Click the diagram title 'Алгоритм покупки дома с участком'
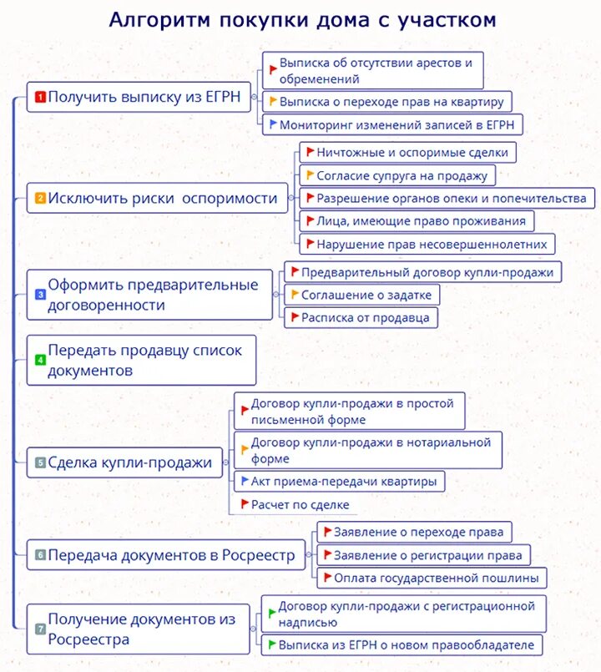(x=302, y=19)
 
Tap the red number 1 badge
(x=39, y=97)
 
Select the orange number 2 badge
(x=39, y=199)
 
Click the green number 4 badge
(x=39, y=360)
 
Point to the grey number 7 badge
(x=39, y=629)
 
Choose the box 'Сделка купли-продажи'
(x=124, y=462)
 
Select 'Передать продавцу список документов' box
(x=141, y=360)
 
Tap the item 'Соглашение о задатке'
(x=361, y=295)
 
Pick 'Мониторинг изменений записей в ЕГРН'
(x=392, y=125)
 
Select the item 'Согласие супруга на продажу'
(x=397, y=175)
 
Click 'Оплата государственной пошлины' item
(x=432, y=578)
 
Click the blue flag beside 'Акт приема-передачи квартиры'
(x=244, y=481)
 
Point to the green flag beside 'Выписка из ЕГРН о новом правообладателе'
(x=271, y=644)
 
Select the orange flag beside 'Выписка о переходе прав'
(x=272, y=101)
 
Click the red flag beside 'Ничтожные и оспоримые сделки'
(x=310, y=152)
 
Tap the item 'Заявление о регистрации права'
(x=423, y=555)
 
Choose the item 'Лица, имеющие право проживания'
(x=416, y=221)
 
